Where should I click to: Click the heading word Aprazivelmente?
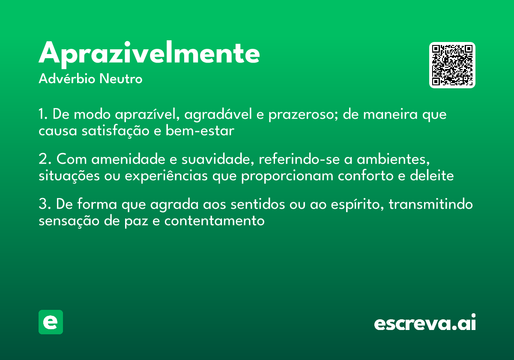click(149, 54)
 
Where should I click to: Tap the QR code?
click(452, 65)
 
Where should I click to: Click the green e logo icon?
click(51, 322)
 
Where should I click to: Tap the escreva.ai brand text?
click(425, 323)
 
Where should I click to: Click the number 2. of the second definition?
click(45, 160)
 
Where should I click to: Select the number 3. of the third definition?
click(45, 205)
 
